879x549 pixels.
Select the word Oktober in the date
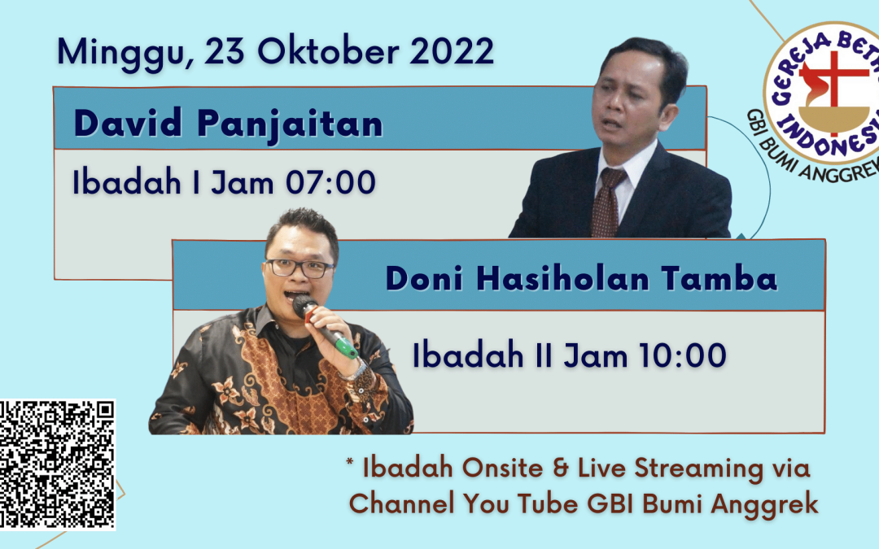click(x=329, y=51)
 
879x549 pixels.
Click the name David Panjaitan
click(x=228, y=124)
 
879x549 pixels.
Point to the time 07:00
click(x=330, y=182)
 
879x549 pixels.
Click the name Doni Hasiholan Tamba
click(x=581, y=278)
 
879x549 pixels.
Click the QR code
click(x=57, y=464)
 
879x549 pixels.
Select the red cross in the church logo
click(x=834, y=89)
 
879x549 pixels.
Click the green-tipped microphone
click(x=325, y=327)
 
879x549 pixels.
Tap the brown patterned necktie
click(x=607, y=203)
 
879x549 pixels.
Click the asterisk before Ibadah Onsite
click(x=350, y=463)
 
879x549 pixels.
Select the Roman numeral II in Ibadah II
click(x=543, y=355)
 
